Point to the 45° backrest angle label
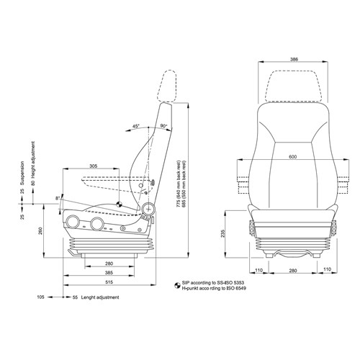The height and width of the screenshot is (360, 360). tap(135, 127)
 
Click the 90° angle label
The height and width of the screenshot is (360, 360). tap(164, 127)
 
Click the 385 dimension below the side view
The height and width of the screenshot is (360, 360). tap(109, 274)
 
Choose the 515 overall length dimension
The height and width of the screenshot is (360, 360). tap(109, 284)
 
